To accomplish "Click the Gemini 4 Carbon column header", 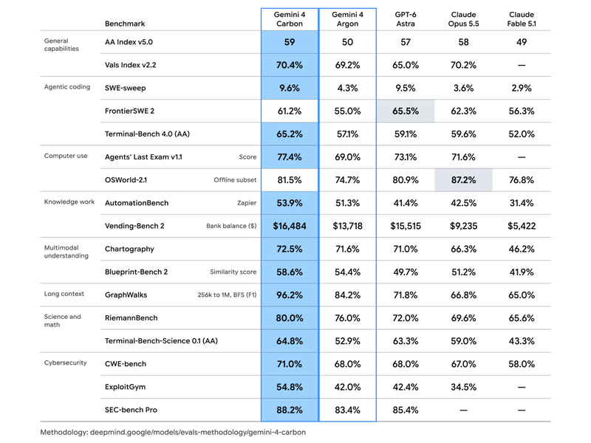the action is point(290,19).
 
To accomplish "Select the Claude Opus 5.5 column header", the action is point(463,19).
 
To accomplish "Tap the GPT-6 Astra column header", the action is point(405,19).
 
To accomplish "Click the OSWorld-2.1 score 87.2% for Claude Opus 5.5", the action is point(463,180).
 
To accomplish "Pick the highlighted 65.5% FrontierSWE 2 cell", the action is point(405,111).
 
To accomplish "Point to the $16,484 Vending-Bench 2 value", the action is point(290,226).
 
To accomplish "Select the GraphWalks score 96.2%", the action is point(290,295).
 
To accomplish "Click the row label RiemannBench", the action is point(131,318).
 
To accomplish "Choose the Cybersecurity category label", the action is point(65,363).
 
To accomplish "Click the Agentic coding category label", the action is point(67,87).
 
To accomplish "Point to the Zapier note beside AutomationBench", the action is point(247,203).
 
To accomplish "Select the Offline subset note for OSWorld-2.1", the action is point(235,180).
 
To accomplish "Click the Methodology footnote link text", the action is point(173,432).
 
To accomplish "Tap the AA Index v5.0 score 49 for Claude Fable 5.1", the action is point(522,42).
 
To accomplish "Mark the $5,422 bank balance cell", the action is point(522,226).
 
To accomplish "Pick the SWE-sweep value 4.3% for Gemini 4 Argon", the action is point(347,88).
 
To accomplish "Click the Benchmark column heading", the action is point(125,24).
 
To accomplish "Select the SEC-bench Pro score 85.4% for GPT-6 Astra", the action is point(405,410).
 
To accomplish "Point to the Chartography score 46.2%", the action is point(522,249).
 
